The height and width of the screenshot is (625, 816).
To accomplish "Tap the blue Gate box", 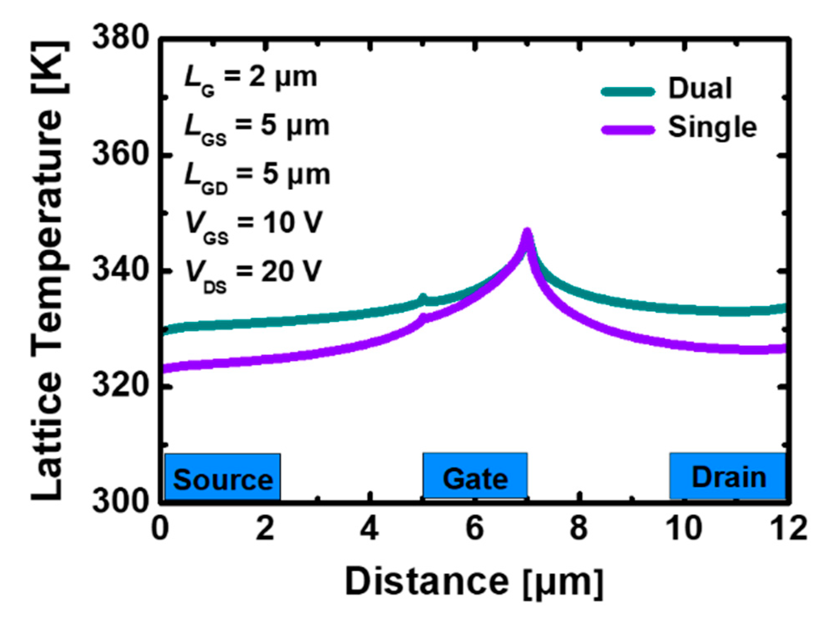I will click(475, 476).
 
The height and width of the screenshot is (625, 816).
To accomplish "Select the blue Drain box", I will click(728, 476).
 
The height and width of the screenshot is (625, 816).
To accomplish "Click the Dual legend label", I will click(700, 89).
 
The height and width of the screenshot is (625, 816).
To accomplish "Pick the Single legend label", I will click(712, 127).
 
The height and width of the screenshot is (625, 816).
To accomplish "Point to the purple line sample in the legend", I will click(628, 130).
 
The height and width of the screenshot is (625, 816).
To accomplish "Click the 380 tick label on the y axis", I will click(120, 38).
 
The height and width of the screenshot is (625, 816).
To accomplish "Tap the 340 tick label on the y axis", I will click(120, 270).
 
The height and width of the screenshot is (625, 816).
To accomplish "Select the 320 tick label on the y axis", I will click(120, 386).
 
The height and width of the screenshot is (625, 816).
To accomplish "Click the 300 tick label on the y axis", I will click(120, 501).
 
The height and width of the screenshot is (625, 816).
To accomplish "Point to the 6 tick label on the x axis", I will click(474, 529).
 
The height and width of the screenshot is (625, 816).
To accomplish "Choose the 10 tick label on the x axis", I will click(684, 529).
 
